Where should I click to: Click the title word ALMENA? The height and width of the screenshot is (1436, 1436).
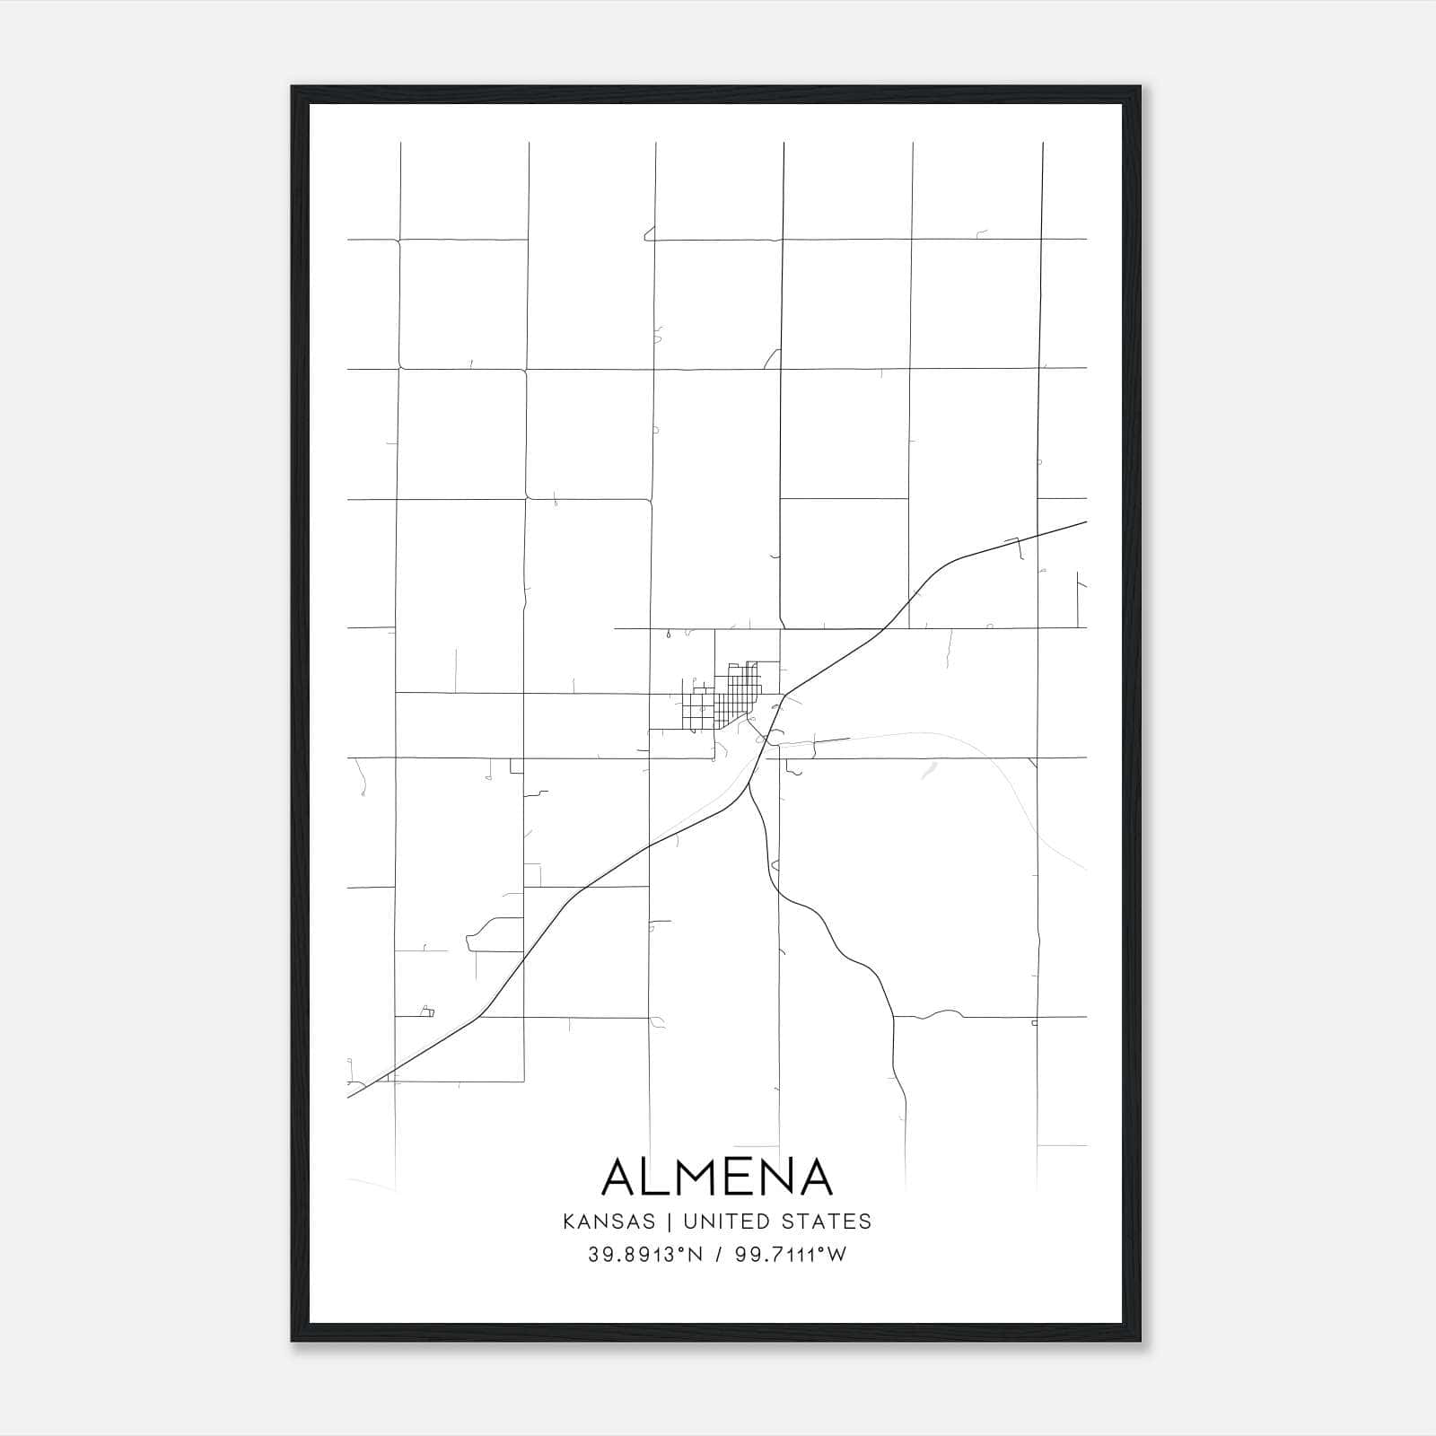[717, 1177]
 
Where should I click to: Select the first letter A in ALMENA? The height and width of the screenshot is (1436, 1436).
[621, 1177]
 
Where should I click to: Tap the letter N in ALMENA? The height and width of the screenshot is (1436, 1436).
[776, 1177]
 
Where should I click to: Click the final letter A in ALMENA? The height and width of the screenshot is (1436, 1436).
[814, 1177]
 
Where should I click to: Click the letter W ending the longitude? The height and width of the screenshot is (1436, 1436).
[836, 1255]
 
